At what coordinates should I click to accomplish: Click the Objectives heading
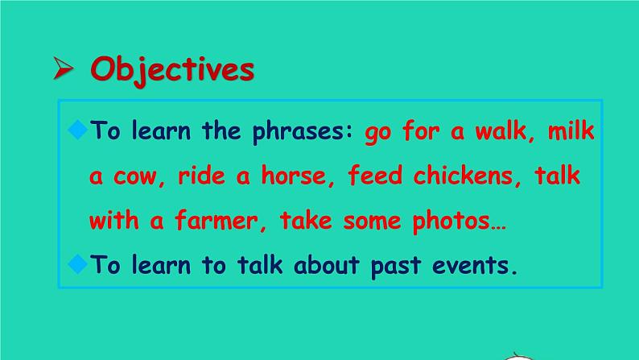tap(172, 70)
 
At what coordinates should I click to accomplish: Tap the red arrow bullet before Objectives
tap(63, 68)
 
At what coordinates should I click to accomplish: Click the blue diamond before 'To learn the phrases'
tap(78, 130)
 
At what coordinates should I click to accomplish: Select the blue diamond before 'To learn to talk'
tap(78, 264)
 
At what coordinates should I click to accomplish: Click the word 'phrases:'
tap(303, 132)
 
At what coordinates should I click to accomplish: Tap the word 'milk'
tap(571, 130)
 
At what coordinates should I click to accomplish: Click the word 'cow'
tap(135, 177)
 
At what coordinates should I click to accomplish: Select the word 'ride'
tap(201, 176)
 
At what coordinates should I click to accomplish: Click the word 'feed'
tap(375, 176)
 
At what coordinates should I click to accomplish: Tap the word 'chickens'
tap(463, 176)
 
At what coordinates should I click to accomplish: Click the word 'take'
tap(306, 220)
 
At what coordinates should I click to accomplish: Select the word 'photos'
tap(451, 221)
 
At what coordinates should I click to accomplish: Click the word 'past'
tap(396, 267)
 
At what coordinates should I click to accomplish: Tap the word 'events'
tap(470, 266)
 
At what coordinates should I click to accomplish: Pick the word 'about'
tap(327, 264)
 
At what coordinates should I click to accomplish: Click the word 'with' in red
tap(114, 220)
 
